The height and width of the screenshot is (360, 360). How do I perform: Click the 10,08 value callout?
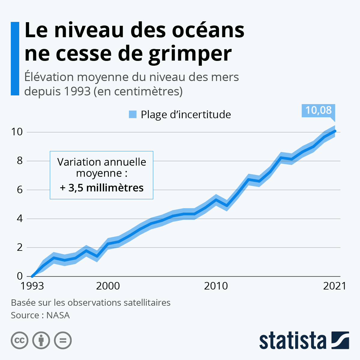pos(318,110)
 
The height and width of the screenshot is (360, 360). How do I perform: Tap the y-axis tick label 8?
pos(20,161)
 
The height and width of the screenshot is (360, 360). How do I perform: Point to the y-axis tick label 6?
pos(20,190)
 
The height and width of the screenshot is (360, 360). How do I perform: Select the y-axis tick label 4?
pos(20,218)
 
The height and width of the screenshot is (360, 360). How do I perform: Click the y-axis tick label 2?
pos(20,247)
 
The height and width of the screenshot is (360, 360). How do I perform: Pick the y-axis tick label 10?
pos(17,132)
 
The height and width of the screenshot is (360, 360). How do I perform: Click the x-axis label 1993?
pos(32,286)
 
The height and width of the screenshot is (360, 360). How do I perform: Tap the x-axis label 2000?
pos(108,286)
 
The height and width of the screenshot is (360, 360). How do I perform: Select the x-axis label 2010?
pos(216,286)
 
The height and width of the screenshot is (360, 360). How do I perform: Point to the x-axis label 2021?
pos(334,286)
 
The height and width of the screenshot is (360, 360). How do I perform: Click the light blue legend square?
pos(133,114)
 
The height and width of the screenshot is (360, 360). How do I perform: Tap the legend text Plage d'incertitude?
pos(186,115)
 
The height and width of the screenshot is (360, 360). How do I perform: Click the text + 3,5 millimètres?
pos(102,188)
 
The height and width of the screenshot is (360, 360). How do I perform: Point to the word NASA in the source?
pos(58,315)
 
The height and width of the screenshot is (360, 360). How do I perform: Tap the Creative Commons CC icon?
pos(19,340)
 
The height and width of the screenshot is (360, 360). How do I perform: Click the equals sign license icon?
pos(63,340)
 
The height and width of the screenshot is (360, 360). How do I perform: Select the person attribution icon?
pos(41,340)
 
